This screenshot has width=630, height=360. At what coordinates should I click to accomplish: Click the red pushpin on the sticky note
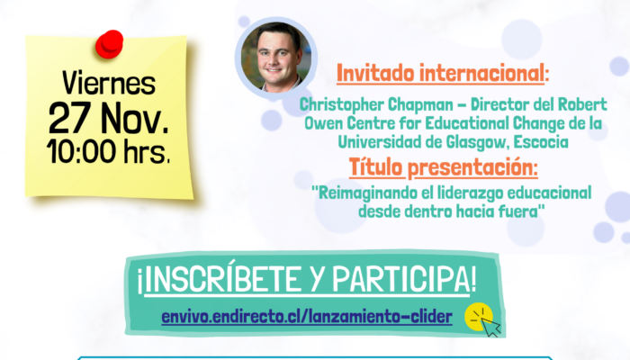109,44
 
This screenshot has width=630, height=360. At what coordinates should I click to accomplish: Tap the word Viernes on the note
109,84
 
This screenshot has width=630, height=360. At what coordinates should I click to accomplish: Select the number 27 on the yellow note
69,118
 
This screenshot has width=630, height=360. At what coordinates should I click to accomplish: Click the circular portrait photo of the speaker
275,57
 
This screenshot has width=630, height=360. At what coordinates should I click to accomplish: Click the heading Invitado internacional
443,73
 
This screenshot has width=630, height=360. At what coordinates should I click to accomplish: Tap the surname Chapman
420,104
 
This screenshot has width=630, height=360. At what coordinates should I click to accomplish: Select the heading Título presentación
443,167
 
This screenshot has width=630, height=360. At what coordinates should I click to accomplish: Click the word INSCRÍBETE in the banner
222,279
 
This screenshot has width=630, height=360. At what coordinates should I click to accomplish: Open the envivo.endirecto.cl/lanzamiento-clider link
307,317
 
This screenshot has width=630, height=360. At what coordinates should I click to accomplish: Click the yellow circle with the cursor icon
479,317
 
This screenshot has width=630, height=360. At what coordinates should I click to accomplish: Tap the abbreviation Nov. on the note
135,118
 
